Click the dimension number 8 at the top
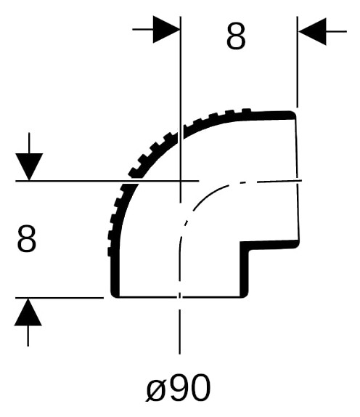coord(236,36)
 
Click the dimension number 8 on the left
coord(27,238)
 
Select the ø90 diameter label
coord(179,387)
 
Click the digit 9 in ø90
coord(179,387)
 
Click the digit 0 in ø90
coord(201,387)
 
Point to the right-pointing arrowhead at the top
coord(167,29)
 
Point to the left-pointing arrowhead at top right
coord(312,31)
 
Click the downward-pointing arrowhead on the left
coord(29,167)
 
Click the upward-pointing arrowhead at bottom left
coord(28,312)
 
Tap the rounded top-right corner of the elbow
coord(293,114)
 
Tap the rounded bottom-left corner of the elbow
coord(114,294)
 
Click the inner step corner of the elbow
coord(245,246)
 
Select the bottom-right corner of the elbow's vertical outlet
coord(245,295)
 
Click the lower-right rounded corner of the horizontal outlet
coord(296,244)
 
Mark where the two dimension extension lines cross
coord(181,181)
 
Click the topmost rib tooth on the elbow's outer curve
coord(246,110)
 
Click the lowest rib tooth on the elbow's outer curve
coord(110,252)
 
